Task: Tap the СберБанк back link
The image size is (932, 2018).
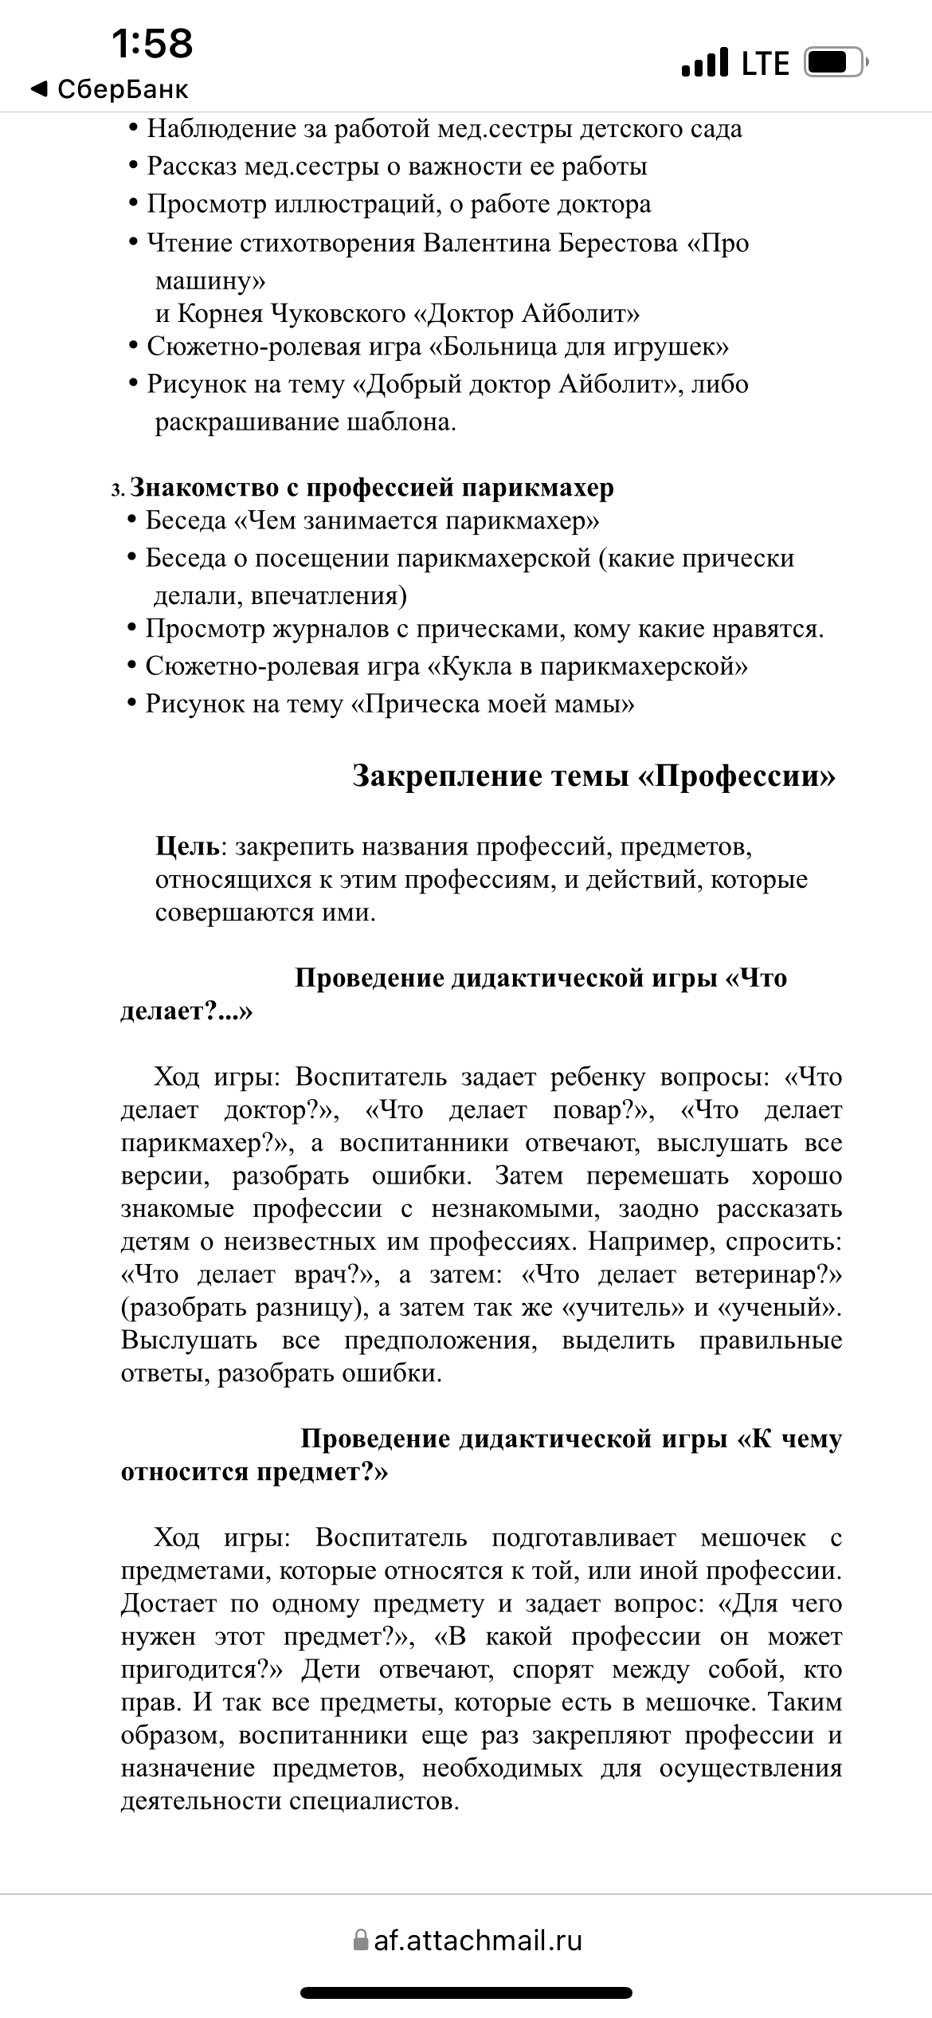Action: pos(110,89)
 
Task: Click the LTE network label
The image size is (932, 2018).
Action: pos(765,64)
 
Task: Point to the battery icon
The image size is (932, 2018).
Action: pos(836,62)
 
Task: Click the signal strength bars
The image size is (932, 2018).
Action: pos(705,63)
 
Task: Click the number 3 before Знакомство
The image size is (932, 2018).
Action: pos(116,489)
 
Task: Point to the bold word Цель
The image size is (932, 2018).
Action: pos(188,846)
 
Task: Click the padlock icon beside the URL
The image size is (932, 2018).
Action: pos(362,1940)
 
